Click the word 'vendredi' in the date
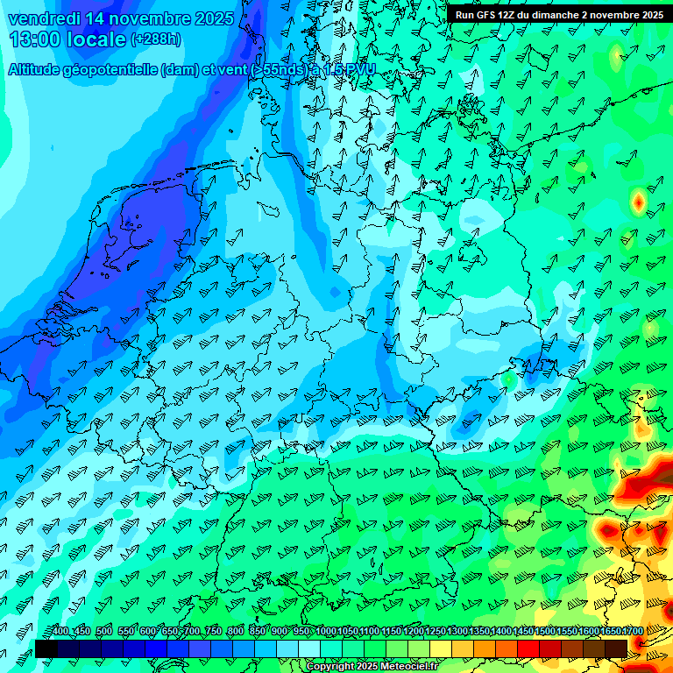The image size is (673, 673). click(x=43, y=18)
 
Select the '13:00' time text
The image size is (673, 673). click(x=35, y=39)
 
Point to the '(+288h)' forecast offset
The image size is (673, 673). click(x=157, y=39)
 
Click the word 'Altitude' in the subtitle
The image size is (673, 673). click(x=37, y=70)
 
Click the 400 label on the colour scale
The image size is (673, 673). click(x=60, y=632)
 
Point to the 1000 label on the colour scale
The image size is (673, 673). click(x=326, y=632)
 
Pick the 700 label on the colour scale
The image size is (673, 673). click(x=192, y=632)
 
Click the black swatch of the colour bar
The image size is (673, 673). click(x=46, y=648)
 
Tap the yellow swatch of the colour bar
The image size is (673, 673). click(x=441, y=648)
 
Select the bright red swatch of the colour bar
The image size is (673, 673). click(x=528, y=648)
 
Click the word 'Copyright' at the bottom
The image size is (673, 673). click(x=329, y=667)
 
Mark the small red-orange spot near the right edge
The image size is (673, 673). click(x=638, y=202)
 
